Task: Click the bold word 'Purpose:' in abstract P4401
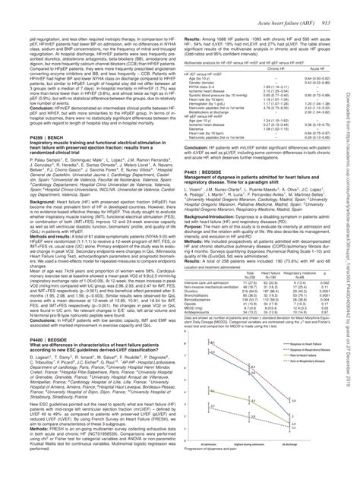(x=194, y=247)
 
